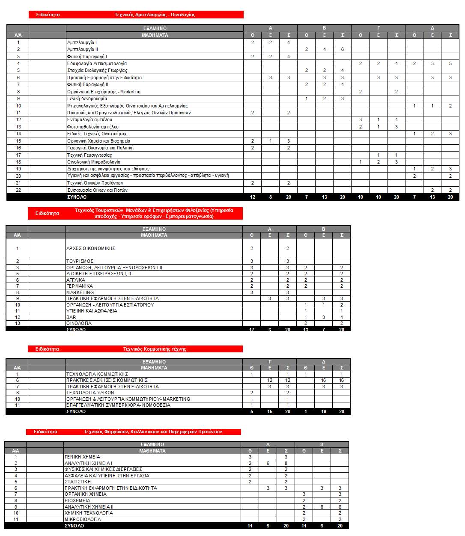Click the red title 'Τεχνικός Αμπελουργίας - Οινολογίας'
pyautogui.click(x=155, y=15)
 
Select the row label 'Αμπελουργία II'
pyautogui.click(x=83, y=49)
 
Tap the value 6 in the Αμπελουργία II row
pyautogui.click(x=342, y=49)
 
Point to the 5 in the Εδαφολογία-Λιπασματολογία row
pyautogui.click(x=450, y=63)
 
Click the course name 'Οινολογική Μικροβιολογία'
pyautogui.click(x=94, y=162)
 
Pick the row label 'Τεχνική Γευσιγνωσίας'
pyautogui.click(x=89, y=155)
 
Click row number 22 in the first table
pyautogui.click(x=18, y=190)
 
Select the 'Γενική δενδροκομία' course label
pyautogui.click(x=87, y=98)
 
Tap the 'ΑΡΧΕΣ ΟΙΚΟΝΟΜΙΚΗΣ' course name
pyautogui.click(x=91, y=248)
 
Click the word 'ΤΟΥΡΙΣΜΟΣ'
pyautogui.click(x=80, y=261)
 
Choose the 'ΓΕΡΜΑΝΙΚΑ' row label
pyautogui.click(x=80, y=286)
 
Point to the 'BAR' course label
pyautogui.click(x=71, y=317)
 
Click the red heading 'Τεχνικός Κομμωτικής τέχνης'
pyautogui.click(x=155, y=349)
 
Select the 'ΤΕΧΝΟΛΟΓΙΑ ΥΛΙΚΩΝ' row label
pyautogui.click(x=90, y=393)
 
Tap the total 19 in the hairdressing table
pyautogui.click(x=323, y=411)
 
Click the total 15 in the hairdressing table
pyautogui.click(x=269, y=411)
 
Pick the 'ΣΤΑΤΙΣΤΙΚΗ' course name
pyautogui.click(x=77, y=482)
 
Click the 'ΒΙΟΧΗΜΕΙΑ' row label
pyautogui.click(x=77, y=500)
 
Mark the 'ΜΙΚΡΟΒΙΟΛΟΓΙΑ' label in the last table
pyautogui.click(x=83, y=519)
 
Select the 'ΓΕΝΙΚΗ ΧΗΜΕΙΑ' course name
pyautogui.click(x=82, y=457)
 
